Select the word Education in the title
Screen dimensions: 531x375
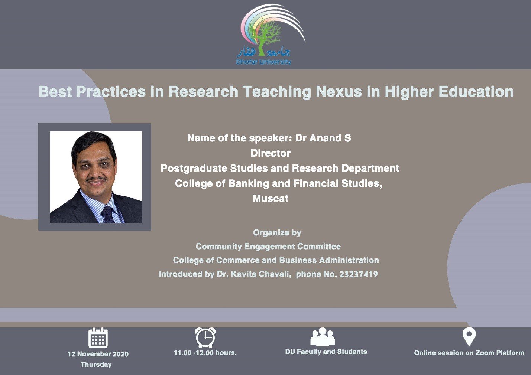tap(476, 91)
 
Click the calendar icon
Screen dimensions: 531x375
tap(98, 338)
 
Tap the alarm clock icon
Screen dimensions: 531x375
tap(205, 337)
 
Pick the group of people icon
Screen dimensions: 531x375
tap(323, 337)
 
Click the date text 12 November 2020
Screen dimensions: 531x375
tap(98, 354)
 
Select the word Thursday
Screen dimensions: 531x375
tap(96, 365)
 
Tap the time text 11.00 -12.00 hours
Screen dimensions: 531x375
tap(205, 353)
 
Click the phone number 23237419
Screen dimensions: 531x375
tap(359, 274)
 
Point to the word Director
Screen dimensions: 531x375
tap(271, 153)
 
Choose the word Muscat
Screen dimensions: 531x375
tap(271, 199)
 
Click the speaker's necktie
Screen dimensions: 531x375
tap(108, 215)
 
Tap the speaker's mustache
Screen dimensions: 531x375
tap(96, 179)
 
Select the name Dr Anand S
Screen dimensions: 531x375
tap(323, 138)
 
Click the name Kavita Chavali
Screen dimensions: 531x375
tap(260, 274)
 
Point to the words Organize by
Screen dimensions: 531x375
tap(277, 233)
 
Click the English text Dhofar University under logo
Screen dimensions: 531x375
tap(263, 62)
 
